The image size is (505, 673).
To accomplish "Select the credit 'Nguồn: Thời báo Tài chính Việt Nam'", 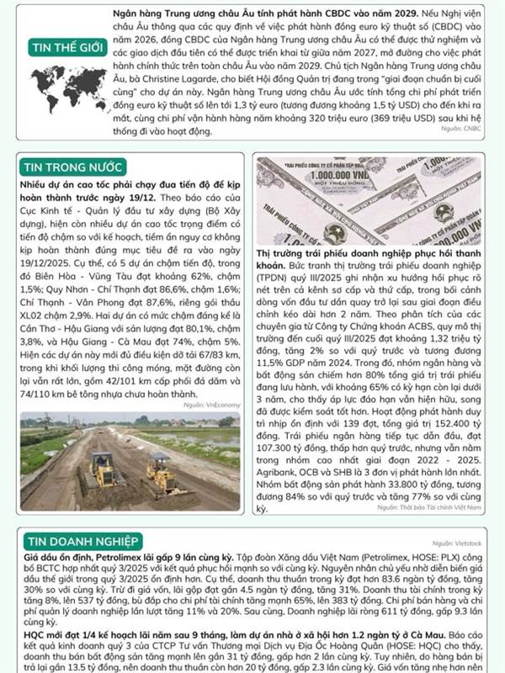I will click(x=430, y=507).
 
